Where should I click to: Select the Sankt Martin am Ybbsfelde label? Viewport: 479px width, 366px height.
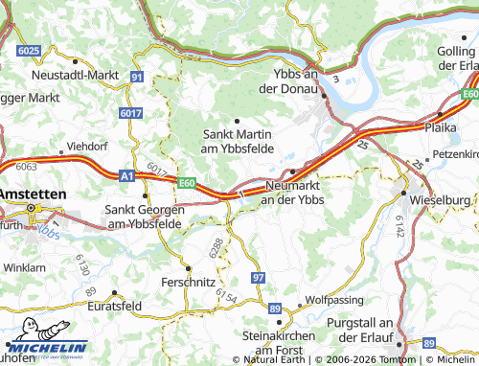(x=237, y=142)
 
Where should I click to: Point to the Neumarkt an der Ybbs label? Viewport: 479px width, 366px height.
(x=293, y=193)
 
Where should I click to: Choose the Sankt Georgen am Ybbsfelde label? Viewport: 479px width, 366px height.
(x=143, y=216)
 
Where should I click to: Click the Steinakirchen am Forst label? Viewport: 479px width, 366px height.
(x=285, y=344)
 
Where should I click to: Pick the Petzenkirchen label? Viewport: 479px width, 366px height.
(x=455, y=153)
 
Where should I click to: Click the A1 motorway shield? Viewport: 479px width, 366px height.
(x=101, y=175)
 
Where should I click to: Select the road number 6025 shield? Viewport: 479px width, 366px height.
(x=29, y=50)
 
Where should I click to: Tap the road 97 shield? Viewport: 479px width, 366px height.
(x=259, y=277)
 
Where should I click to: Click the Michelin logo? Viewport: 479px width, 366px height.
(x=46, y=348)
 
